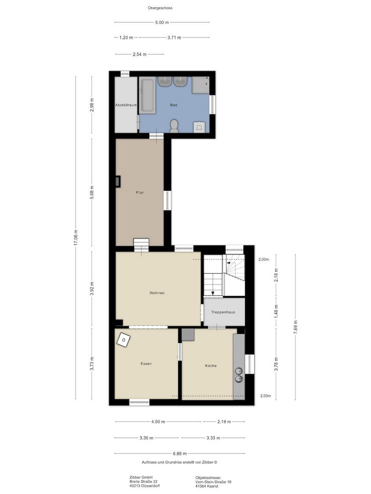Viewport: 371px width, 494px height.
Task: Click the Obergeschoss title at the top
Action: pyautogui.click(x=160, y=8)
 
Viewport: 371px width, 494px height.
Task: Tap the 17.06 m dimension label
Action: pyautogui.click(x=76, y=238)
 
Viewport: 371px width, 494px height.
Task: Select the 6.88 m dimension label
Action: pyautogui.click(x=180, y=454)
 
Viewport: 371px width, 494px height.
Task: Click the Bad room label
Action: pyautogui.click(x=174, y=105)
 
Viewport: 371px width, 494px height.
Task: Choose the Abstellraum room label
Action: pyautogui.click(x=126, y=105)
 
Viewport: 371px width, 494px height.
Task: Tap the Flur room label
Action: pyautogui.click(x=140, y=193)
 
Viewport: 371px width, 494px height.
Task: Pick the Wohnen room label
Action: pyautogui.click(x=157, y=293)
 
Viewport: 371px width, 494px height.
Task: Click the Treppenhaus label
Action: pyautogui.click(x=223, y=312)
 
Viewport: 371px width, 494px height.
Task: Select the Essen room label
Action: pyautogui.click(x=146, y=364)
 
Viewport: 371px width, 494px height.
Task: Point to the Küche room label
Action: pyautogui.click(x=211, y=366)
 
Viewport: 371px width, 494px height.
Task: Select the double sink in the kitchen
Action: pyautogui.click(x=239, y=374)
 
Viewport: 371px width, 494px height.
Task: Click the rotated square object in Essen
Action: pyautogui.click(x=123, y=339)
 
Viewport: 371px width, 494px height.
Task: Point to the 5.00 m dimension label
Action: pyautogui.click(x=162, y=22)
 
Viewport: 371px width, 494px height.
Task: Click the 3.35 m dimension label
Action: pyautogui.click(x=147, y=438)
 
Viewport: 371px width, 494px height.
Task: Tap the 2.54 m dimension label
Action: pyautogui.click(x=139, y=54)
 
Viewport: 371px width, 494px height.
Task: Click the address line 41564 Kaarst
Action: pyautogui.click(x=207, y=486)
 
